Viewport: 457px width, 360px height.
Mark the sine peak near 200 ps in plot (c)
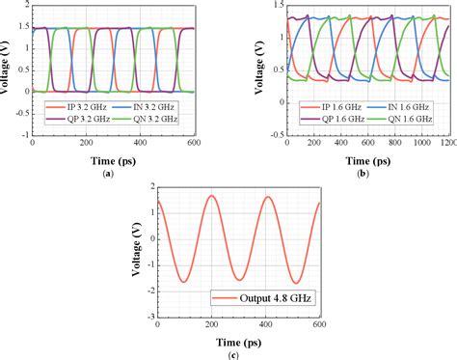211,196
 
